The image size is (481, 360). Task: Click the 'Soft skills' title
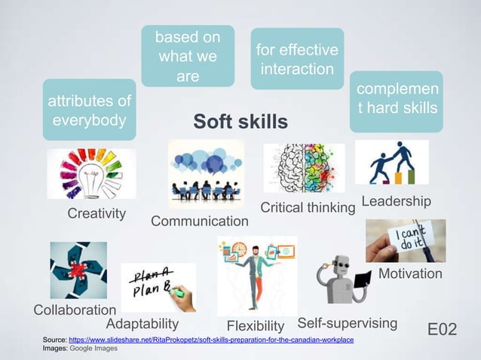coord(240,122)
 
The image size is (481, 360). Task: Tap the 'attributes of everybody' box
coord(89,110)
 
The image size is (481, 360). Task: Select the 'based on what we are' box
coord(188,56)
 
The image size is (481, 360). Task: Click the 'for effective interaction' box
coord(296,59)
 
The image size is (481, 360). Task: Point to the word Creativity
coord(97,213)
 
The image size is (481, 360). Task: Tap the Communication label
coord(200,221)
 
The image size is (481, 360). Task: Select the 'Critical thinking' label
coord(307,207)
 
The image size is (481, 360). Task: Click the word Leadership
coord(397,201)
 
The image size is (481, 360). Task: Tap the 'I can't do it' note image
coord(405,240)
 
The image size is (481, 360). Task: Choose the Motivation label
coord(410,273)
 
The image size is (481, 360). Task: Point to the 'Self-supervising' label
coord(348,324)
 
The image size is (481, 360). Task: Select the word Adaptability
coord(142,324)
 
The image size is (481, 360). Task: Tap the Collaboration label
coord(75,310)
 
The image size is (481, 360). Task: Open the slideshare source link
coord(211,341)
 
